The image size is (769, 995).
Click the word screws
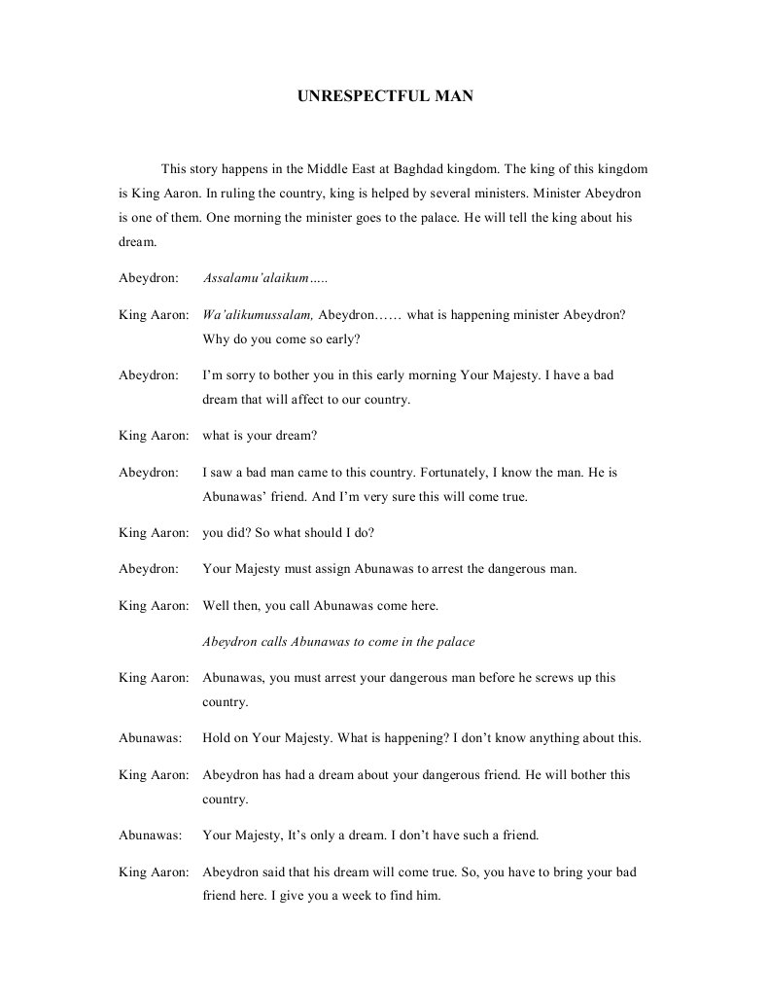point(552,677)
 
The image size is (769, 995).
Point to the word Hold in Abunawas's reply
point(218,738)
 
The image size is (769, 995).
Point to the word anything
point(546,738)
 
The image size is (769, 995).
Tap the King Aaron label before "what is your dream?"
point(153,436)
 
